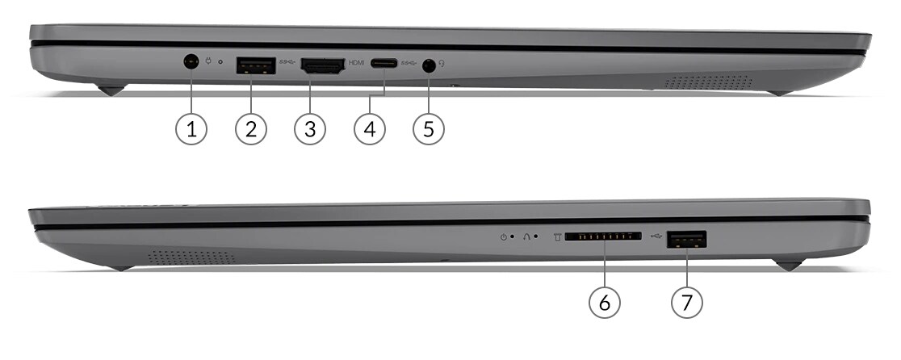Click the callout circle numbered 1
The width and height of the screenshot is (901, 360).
click(x=191, y=129)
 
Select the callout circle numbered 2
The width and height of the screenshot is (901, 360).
click(x=250, y=129)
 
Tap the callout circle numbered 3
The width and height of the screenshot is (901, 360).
click(x=309, y=129)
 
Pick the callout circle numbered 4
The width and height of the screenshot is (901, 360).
click(x=369, y=129)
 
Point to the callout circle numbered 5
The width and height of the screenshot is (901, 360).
click(x=429, y=129)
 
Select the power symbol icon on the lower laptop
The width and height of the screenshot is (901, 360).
click(x=503, y=237)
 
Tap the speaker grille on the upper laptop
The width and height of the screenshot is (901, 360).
click(x=708, y=82)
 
